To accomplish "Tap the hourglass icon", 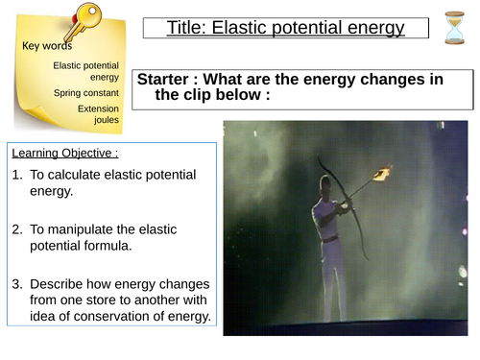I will click(455, 28).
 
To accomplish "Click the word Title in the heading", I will click(189, 28).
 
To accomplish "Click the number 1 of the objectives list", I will click(17, 175).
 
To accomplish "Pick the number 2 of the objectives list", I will click(17, 230).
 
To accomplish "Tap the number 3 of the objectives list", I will click(17, 284).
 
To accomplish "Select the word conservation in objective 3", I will click(93, 319).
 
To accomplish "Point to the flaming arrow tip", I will click(382, 173).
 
